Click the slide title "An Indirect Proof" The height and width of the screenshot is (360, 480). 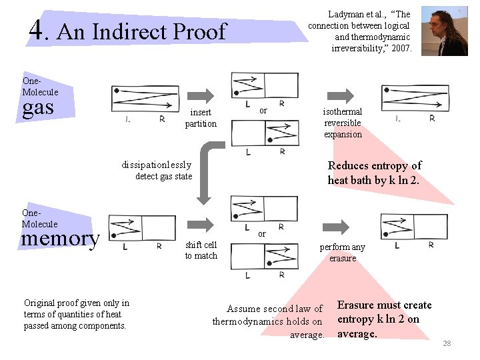point(142,31)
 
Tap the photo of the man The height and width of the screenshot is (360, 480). point(444,31)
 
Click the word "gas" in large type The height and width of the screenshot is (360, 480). point(38,107)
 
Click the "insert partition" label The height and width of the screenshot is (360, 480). point(201,118)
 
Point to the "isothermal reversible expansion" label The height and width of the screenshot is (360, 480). point(343,123)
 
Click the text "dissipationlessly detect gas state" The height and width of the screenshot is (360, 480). point(157,171)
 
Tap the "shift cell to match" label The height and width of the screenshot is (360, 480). point(201,250)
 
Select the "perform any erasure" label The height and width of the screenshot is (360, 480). point(343,253)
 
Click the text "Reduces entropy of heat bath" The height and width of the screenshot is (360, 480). point(374,173)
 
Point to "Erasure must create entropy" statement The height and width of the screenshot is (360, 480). point(384,319)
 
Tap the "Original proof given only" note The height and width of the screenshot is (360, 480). point(76,314)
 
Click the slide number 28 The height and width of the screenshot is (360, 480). point(447,343)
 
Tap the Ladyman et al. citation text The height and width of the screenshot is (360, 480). point(360,31)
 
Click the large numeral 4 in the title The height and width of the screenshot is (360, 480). point(39,30)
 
